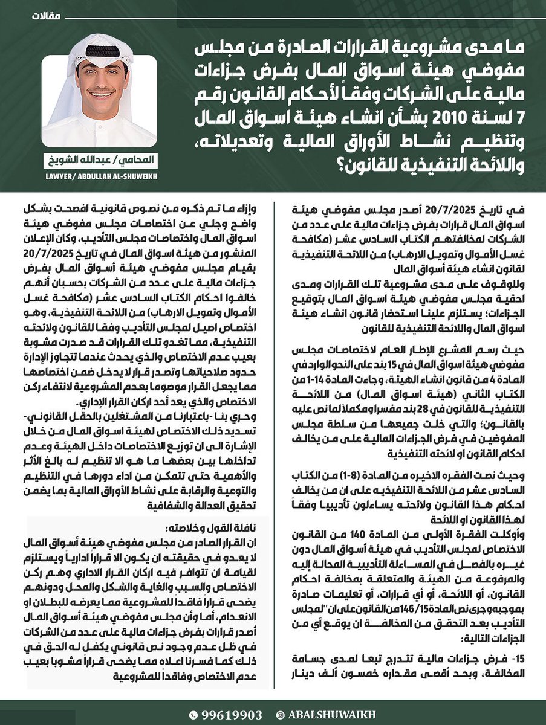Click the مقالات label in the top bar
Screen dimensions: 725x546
tap(43, 14)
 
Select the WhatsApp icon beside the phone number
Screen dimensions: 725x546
tap(193, 715)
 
